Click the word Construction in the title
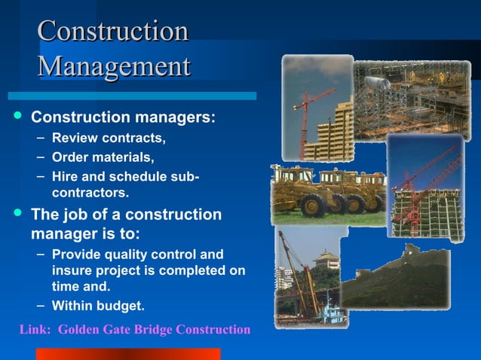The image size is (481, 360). pyautogui.click(x=112, y=32)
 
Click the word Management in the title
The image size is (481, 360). pyautogui.click(x=114, y=66)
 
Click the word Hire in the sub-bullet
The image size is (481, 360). pyautogui.click(x=64, y=177)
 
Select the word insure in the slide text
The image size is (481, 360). pyautogui.click(x=72, y=270)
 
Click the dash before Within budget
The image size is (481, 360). pyautogui.click(x=42, y=305)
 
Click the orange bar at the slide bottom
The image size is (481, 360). pyautogui.click(x=128, y=354)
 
